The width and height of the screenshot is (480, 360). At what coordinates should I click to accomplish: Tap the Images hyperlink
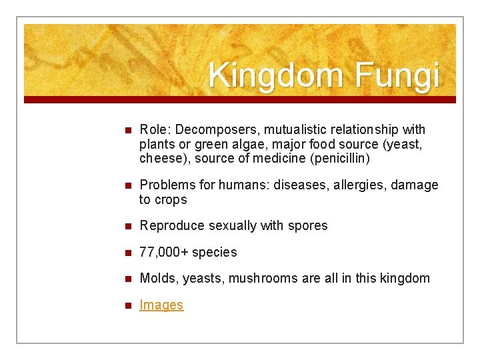click(161, 305)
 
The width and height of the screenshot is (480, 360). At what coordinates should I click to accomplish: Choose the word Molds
click(157, 278)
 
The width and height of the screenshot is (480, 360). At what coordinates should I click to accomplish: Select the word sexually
click(233, 225)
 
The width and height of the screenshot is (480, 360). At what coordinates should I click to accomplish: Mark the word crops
click(171, 199)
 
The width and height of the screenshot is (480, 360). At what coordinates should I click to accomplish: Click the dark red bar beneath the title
click(240, 99)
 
